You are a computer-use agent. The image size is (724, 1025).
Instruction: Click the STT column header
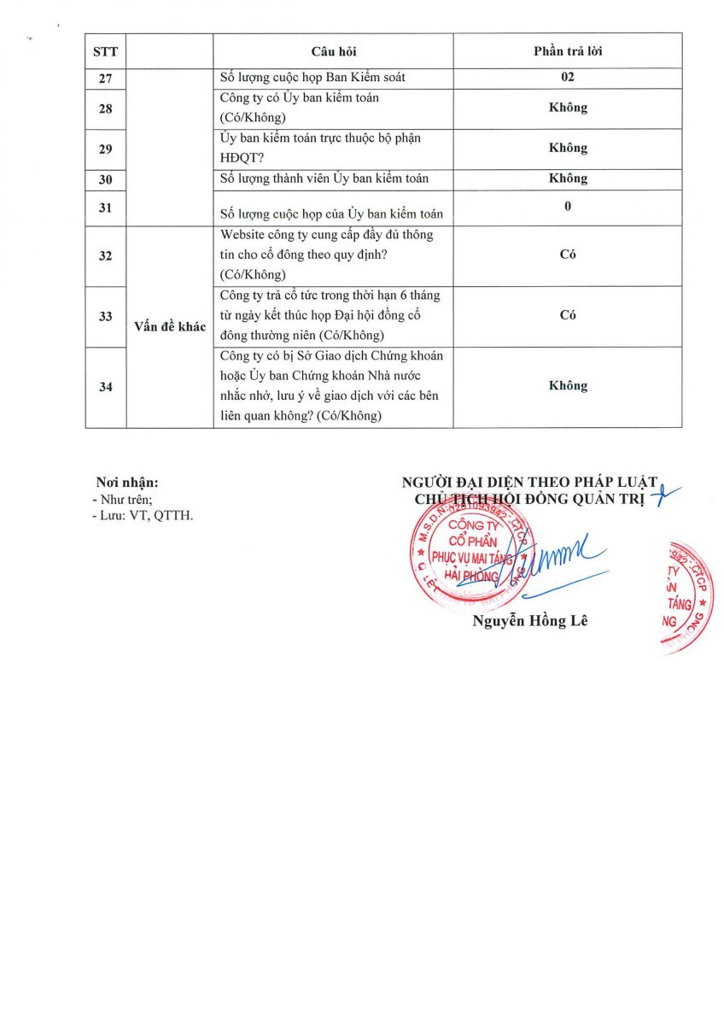tap(106, 51)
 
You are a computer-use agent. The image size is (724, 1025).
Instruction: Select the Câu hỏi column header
tap(333, 51)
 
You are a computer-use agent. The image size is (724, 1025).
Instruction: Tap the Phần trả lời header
tap(568, 51)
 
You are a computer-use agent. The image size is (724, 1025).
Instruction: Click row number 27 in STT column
tap(106, 78)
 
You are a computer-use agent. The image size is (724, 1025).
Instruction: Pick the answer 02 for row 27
tap(568, 78)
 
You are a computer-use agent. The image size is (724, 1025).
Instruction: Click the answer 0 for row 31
tap(568, 207)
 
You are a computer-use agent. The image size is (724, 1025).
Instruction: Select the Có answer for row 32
tap(568, 255)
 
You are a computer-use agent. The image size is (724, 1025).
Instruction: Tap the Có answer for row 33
tap(568, 315)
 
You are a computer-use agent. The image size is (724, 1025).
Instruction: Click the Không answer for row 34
tap(568, 386)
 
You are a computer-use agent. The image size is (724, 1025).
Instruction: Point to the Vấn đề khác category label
tap(170, 327)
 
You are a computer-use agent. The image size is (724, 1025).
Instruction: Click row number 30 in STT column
tap(106, 179)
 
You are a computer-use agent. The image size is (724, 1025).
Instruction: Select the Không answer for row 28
tap(568, 108)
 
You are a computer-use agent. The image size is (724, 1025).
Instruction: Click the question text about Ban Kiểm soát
tap(312, 78)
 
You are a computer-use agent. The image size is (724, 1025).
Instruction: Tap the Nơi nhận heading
tap(127, 483)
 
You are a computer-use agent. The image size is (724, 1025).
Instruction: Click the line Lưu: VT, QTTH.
tap(143, 516)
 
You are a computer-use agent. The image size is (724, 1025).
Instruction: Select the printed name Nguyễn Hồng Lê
tap(530, 621)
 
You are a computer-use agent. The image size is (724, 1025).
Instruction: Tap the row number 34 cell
tap(106, 386)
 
